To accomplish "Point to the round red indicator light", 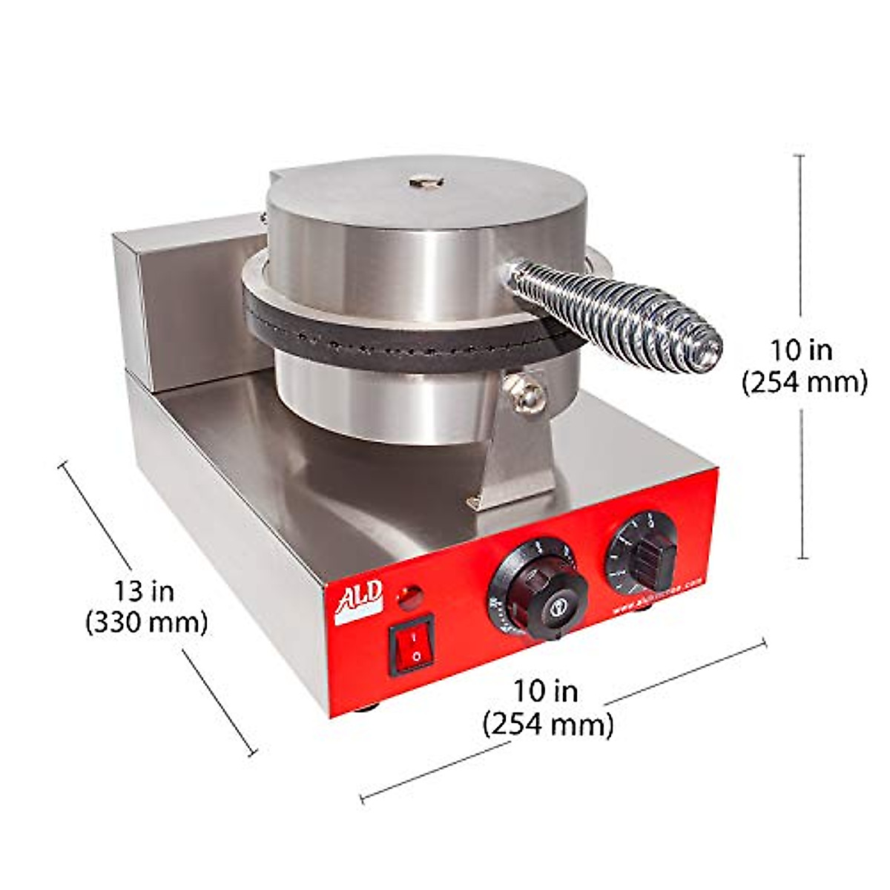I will click(409, 596).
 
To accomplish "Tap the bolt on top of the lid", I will click(425, 180).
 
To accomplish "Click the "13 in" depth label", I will click(144, 591).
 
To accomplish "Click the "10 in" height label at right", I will click(801, 349).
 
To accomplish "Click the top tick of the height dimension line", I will click(799, 156).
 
